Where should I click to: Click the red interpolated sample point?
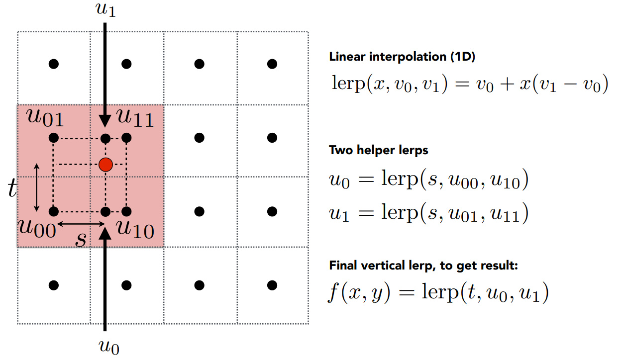pos(105,164)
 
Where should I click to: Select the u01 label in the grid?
pos(45,120)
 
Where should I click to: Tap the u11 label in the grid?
pos(135,119)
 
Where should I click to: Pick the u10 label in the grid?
pos(135,229)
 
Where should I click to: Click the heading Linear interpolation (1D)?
pos(402,57)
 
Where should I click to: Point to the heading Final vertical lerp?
pos(423,266)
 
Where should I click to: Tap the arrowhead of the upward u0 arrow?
pos(105,234)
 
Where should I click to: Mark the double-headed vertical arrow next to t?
pos(37,187)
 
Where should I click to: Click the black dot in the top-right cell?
pos(272,64)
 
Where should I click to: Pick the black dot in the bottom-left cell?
pos(54,285)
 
